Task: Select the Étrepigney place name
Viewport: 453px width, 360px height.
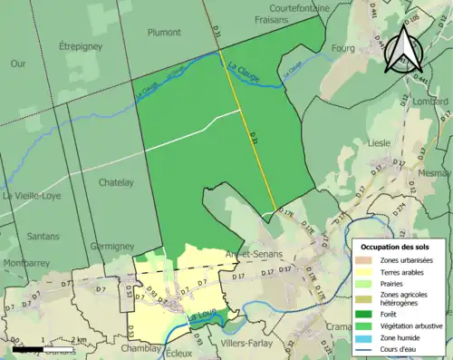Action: [79, 44]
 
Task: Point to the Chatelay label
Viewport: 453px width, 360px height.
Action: [115, 182]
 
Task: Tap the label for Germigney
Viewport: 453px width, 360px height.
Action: [113, 246]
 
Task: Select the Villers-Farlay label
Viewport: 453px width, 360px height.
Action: [248, 345]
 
